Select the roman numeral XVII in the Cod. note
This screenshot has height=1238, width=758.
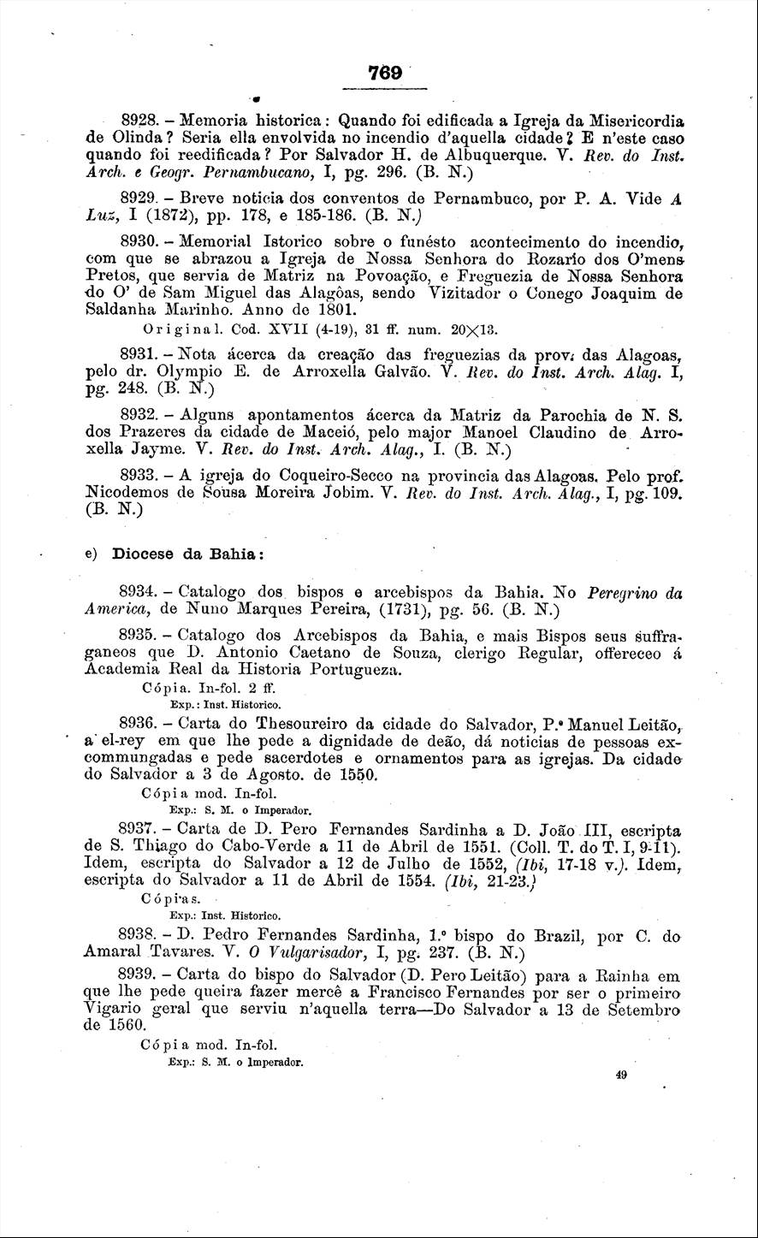point(259,328)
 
